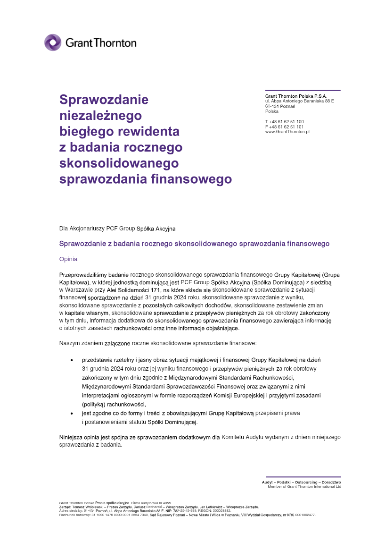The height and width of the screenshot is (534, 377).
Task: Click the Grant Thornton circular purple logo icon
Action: (x=53, y=42)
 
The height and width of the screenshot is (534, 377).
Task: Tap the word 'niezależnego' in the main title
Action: (x=100, y=115)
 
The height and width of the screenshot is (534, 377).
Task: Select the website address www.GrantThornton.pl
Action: (x=287, y=132)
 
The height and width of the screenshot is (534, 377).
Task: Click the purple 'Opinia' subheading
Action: (x=68, y=259)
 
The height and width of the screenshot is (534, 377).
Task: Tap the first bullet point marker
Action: (x=72, y=360)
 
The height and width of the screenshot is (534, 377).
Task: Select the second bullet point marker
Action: (x=72, y=414)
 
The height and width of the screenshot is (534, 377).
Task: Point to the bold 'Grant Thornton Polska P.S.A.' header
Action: (x=295, y=96)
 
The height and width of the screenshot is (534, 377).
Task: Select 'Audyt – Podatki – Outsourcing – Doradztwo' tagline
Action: (x=302, y=482)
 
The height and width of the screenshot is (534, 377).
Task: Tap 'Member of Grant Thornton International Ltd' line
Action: (x=304, y=486)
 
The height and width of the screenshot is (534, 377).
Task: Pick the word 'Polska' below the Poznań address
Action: (x=272, y=111)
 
